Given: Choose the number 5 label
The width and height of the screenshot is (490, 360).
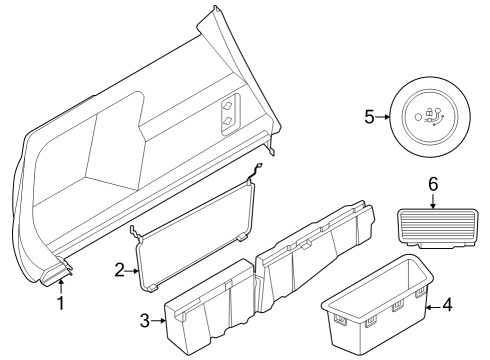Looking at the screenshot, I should tap(370, 116).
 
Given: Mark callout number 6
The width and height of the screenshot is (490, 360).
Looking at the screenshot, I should tap(433, 185).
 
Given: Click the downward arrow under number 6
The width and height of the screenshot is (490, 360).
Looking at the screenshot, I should tap(433, 201).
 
